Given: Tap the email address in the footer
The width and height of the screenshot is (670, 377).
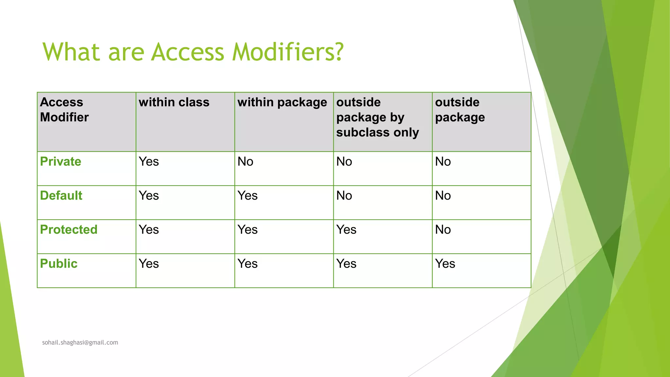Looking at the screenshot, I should pos(80,342).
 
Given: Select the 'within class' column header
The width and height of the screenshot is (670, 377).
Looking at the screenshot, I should pos(174,102).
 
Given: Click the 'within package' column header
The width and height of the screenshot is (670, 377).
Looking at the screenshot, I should pos(282,102).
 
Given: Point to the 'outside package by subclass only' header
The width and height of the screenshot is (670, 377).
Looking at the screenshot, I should pos(378,117).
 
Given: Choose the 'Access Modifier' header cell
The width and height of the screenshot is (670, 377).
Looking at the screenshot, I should pos(64,110).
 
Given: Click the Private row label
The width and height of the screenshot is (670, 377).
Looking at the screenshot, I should pos(61,162).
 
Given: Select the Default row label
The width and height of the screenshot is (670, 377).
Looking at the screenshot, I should pos(61,196).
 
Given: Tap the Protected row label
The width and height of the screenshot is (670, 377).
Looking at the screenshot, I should pos(69,230).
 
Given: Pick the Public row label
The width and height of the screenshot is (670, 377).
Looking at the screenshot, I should pos(59,264).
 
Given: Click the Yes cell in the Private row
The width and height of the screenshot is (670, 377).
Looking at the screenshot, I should pos(149,162).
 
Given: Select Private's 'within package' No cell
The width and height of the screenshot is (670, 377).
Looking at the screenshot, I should pos(245,162).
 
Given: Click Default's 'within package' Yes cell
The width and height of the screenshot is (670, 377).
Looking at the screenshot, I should pos(248,196).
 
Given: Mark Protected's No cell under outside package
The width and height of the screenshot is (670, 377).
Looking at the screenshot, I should pos(443,230).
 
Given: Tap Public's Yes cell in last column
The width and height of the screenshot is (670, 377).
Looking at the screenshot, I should pos(445,264).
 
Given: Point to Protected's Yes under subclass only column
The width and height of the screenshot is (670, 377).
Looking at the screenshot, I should pos(346,230).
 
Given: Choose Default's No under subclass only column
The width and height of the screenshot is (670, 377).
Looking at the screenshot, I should pos(344,196).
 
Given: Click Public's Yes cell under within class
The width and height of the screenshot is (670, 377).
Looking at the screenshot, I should pos(149,264).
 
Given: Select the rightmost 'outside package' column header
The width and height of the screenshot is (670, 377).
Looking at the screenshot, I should pos(460,110).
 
